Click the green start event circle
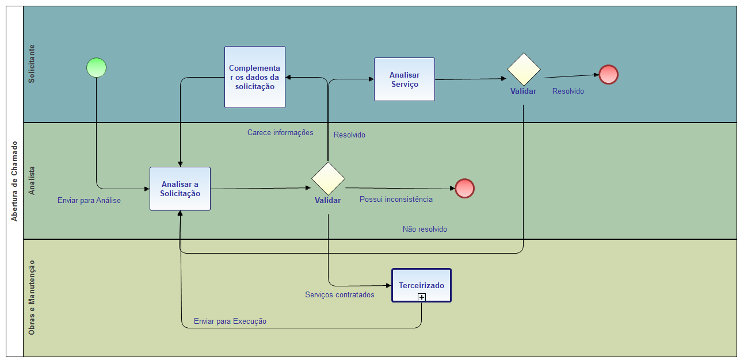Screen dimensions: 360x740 (97, 68)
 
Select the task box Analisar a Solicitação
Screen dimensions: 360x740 (180, 189)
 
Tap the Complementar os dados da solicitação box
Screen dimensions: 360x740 (255, 77)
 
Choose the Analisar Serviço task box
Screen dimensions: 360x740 (405, 79)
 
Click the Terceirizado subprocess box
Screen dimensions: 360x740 (421, 285)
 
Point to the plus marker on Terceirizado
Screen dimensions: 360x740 (422, 297)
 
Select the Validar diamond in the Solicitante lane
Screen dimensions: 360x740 (524, 70)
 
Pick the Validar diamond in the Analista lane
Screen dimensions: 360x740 (328, 178)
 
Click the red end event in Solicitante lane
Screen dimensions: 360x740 (608, 75)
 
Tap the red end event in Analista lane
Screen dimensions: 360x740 (464, 189)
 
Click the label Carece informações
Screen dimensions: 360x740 (280, 133)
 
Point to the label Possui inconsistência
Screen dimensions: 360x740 (396, 200)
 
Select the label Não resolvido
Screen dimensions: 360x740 (425, 229)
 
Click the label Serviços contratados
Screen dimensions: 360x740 (340, 295)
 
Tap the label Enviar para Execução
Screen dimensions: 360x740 (230, 321)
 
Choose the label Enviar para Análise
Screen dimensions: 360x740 (89, 201)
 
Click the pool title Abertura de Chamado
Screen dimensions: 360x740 (14, 181)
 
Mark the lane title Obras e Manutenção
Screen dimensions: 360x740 (32, 297)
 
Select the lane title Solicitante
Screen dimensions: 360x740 (32, 64)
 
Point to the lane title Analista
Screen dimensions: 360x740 (32, 181)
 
